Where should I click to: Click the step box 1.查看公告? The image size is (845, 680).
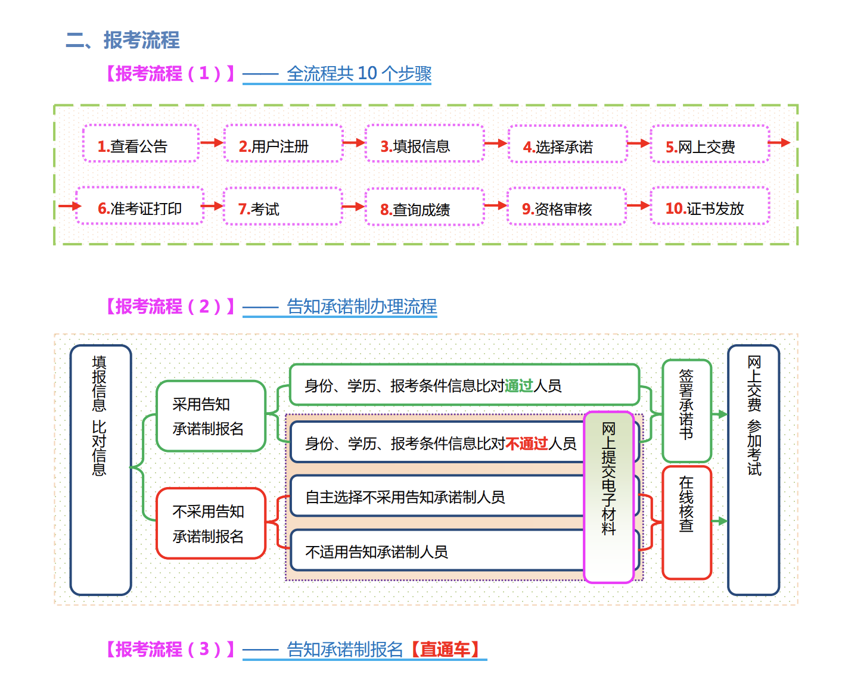pos(141,144)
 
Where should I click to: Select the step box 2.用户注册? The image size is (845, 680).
pos(283,144)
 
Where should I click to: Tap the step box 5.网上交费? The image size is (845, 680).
pos(709,145)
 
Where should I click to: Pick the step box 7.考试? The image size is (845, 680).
pos(282,207)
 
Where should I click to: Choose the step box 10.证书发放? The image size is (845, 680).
pos(709,207)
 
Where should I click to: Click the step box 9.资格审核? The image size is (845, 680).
pos(566,207)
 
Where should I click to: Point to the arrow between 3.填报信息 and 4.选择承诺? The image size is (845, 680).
pos(496,144)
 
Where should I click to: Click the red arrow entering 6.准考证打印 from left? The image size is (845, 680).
pos(69,207)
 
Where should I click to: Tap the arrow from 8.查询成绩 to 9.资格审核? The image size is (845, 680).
pos(496,206)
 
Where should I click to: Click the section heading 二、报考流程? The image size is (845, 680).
pos(123,40)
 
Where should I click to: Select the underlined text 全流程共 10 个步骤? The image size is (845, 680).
pos(359,74)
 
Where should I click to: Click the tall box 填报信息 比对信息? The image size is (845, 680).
pos(100,470)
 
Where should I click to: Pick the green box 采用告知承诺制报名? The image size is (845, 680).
pos(210,416)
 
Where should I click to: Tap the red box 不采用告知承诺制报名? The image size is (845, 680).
pos(210,523)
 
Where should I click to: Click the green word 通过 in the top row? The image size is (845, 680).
pos(518,386)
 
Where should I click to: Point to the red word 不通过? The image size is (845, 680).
pos(526,444)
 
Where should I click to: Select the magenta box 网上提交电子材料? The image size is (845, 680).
pos(608,497)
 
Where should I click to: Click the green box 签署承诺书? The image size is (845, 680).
pos(686,411)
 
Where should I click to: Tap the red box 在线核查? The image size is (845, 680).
pos(686,522)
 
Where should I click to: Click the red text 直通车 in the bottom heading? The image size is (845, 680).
pos(445,650)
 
